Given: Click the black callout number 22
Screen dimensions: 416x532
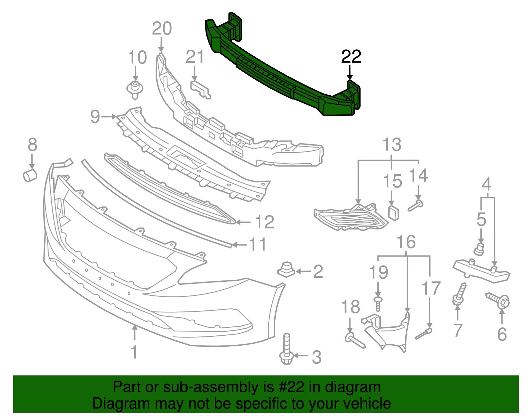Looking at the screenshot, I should [351, 57].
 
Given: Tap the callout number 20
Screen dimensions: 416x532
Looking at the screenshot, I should [162, 29].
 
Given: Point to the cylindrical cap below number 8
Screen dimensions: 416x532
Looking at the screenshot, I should [30, 175].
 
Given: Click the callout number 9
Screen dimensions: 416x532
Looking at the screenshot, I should [95, 117].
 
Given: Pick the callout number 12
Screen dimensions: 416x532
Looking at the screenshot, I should [264, 222].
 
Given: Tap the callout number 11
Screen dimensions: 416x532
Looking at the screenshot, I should [258, 244].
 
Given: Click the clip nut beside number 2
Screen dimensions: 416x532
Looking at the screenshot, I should [286, 270].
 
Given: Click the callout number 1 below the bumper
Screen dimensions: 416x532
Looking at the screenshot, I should [134, 352].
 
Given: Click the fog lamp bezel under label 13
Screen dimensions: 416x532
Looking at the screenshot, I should [351, 218].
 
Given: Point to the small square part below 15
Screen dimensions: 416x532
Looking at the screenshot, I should [394, 213].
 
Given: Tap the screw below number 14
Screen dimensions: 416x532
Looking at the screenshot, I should [415, 205].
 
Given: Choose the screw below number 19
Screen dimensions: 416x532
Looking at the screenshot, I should [378, 304].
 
